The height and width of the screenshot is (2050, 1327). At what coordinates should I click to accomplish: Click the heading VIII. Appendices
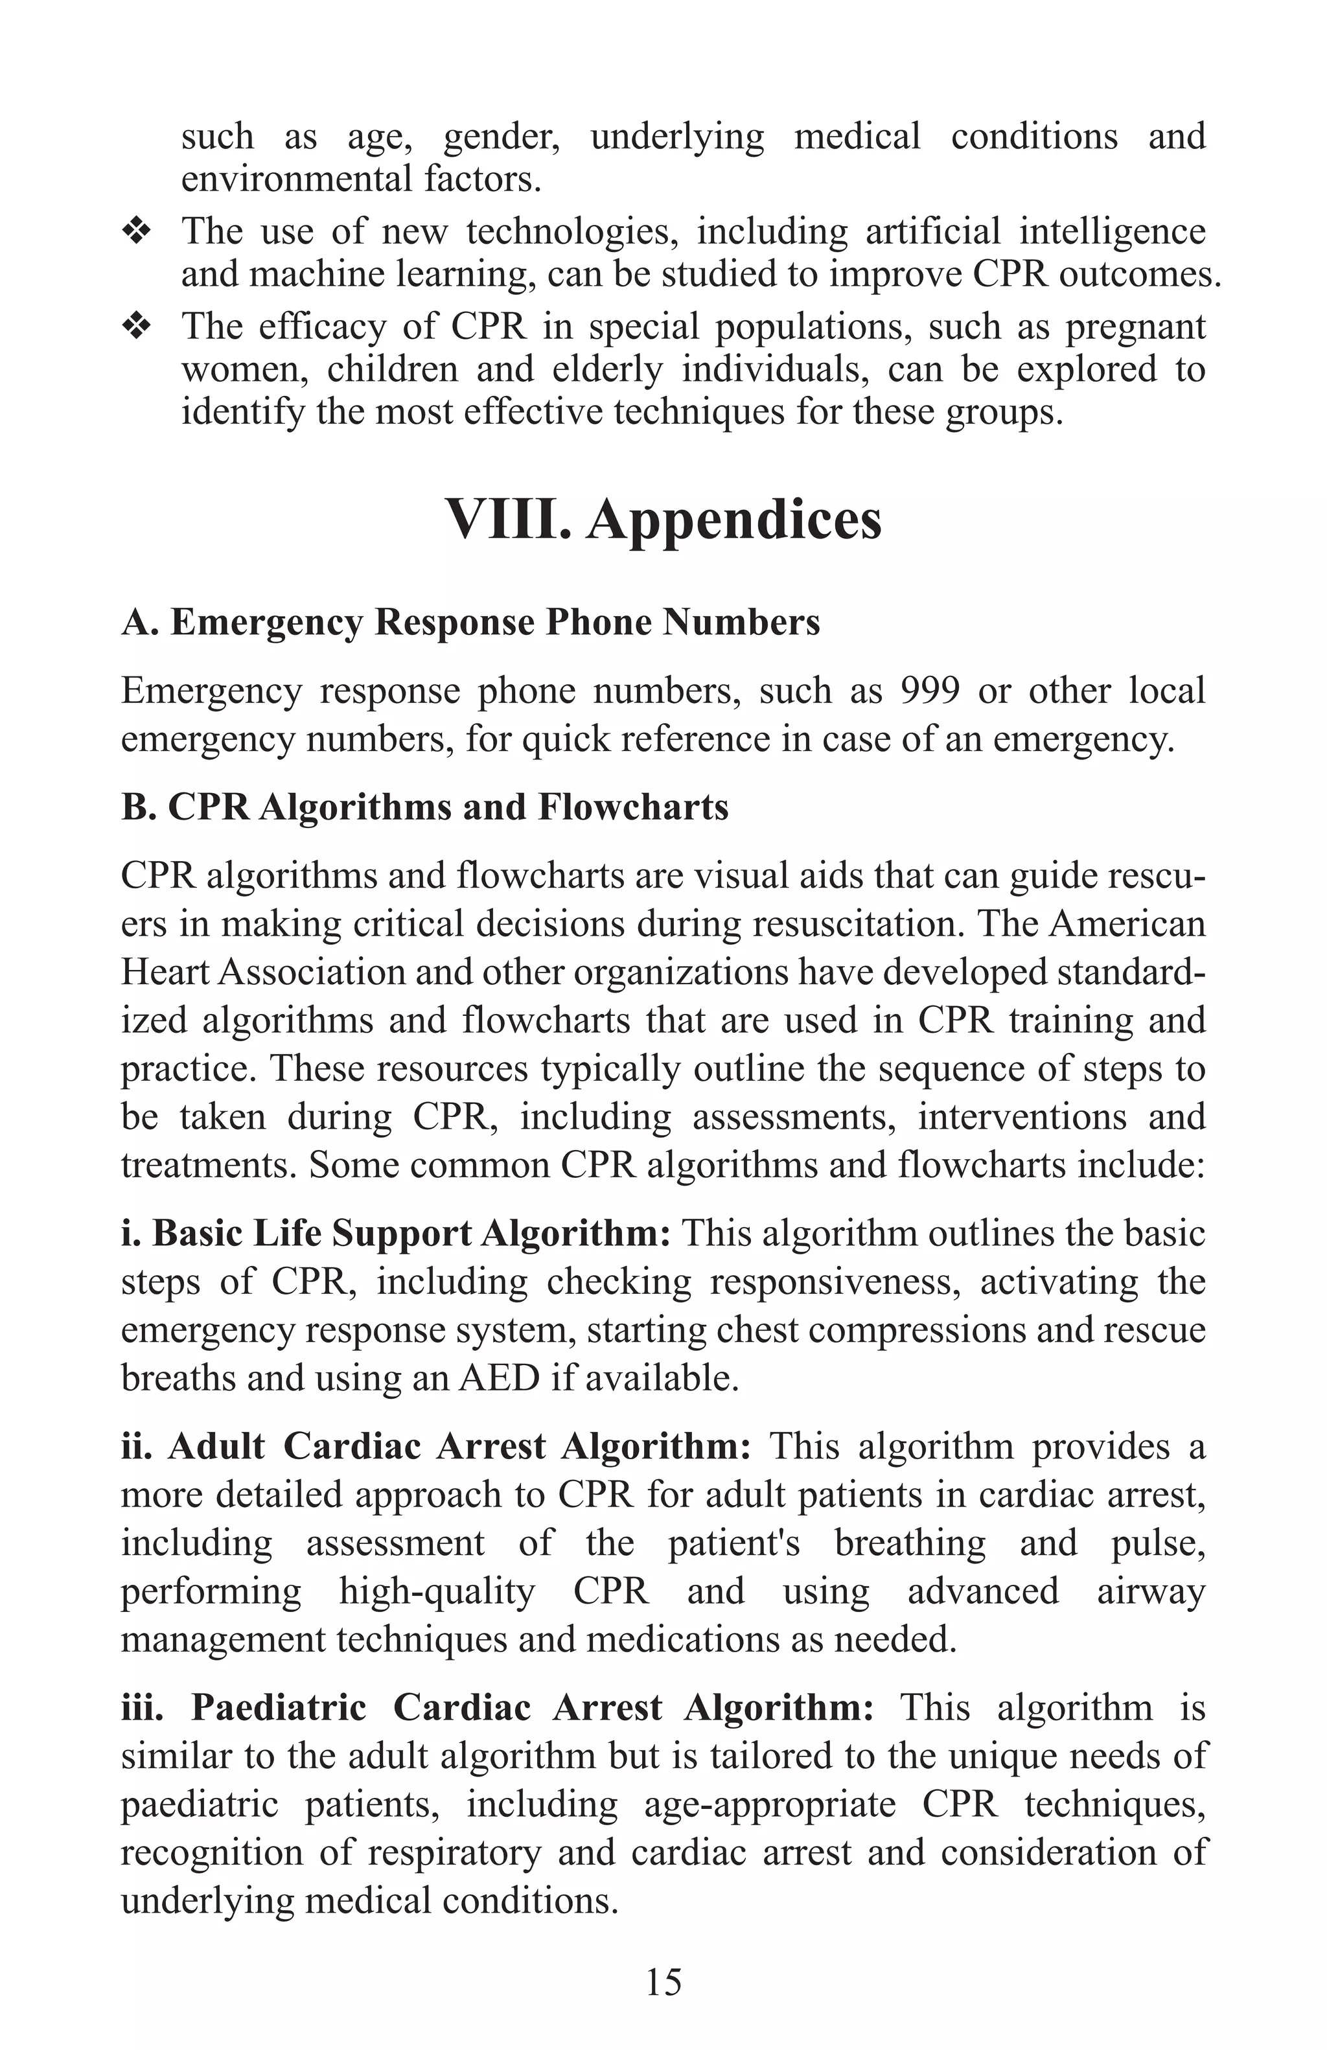(x=663, y=520)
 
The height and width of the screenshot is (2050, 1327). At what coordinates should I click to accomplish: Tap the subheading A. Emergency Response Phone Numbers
(x=470, y=622)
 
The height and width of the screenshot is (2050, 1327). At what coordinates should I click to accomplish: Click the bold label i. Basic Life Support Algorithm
(x=395, y=1232)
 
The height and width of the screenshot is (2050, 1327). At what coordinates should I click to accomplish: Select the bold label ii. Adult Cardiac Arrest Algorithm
(x=435, y=1446)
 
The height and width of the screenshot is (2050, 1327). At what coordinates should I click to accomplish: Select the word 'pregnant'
(x=1135, y=327)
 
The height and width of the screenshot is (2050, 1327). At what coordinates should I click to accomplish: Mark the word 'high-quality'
(x=437, y=1590)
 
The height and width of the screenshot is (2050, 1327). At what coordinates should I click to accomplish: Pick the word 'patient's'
(x=733, y=1542)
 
